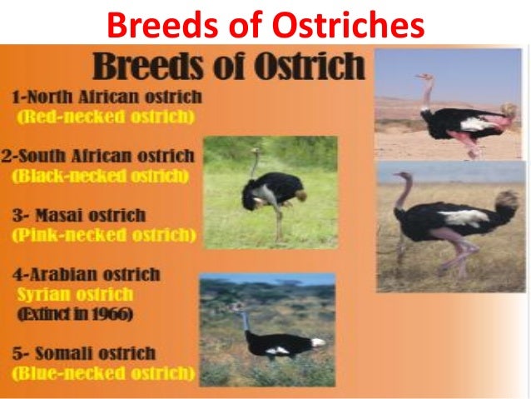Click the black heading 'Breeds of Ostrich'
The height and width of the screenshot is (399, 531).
click(229, 66)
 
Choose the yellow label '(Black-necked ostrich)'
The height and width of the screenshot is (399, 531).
click(101, 176)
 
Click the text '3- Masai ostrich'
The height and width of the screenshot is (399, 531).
click(78, 215)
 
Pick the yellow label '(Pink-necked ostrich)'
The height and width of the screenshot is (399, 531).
click(104, 235)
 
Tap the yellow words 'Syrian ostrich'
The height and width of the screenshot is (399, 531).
click(74, 294)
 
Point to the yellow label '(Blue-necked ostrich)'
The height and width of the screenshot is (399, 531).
click(104, 374)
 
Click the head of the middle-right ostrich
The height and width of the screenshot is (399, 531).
click(402, 177)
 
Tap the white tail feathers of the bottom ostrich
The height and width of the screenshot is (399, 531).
click(318, 342)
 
